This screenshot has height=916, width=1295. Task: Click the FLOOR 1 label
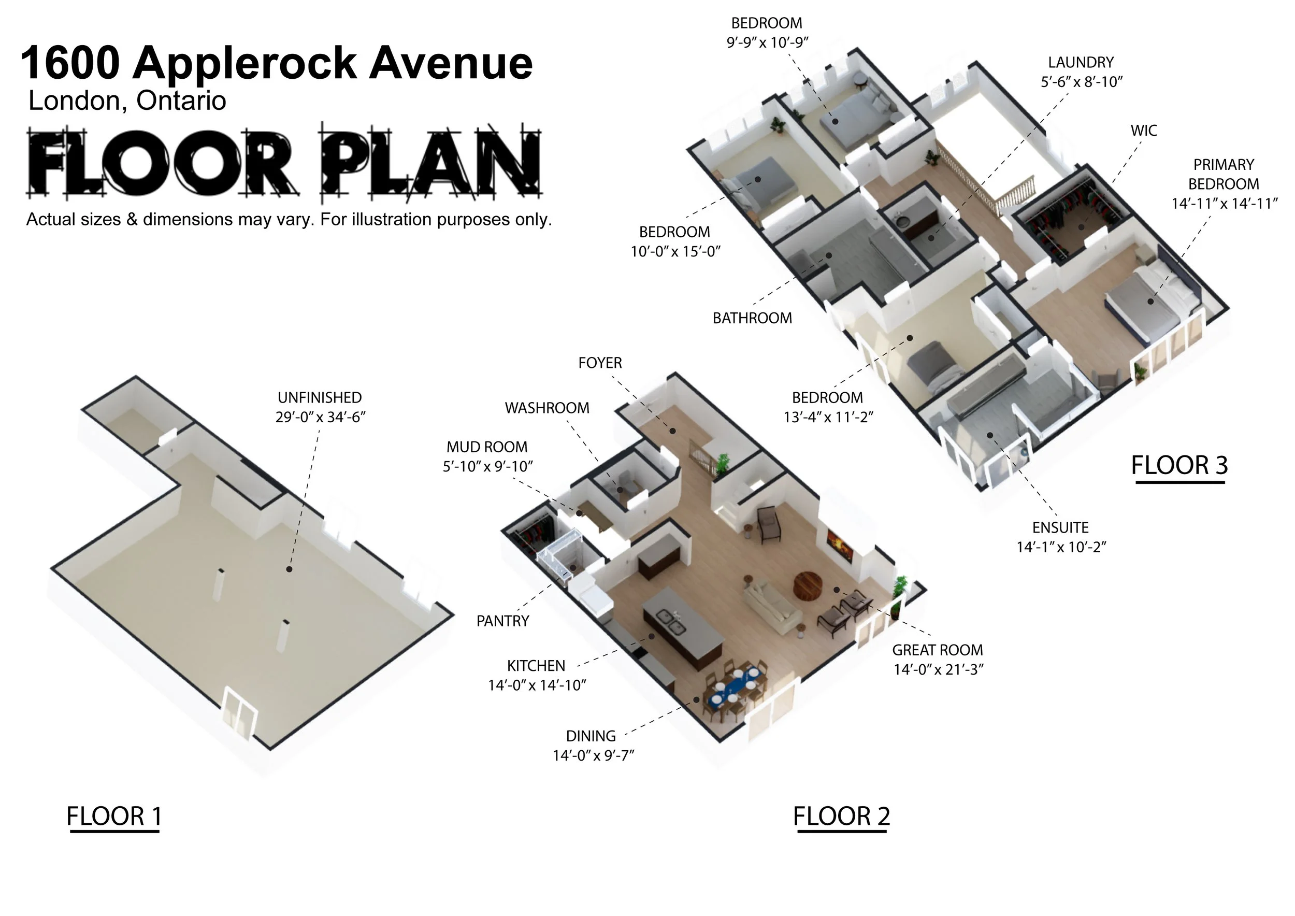(x=114, y=816)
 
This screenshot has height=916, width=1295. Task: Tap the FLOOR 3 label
(x=1179, y=465)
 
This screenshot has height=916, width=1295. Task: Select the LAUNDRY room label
(x=1081, y=62)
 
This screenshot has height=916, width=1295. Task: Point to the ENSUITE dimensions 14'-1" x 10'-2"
(x=1061, y=547)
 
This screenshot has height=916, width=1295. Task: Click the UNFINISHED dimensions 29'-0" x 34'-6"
(x=320, y=418)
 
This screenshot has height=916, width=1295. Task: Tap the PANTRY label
(x=502, y=621)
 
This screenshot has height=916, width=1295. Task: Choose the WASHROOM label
(x=546, y=408)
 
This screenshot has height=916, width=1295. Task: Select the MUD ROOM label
(x=487, y=447)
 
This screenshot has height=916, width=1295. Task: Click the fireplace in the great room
(x=840, y=545)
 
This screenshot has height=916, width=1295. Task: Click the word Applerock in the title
(x=244, y=64)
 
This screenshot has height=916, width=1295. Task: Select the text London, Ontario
(x=127, y=101)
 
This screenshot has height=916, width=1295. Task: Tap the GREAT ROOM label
(x=938, y=650)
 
